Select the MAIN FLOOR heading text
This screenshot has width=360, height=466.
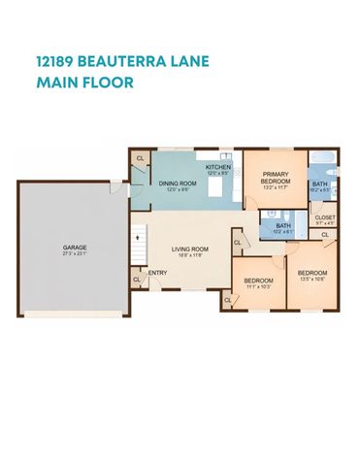84,83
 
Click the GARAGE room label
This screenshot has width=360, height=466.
75,248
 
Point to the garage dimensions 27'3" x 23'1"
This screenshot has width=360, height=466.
75,255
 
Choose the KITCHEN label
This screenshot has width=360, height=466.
218,168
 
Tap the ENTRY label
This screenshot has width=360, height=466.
157,272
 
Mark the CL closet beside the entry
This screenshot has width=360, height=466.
136,279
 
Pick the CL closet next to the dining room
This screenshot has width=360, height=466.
140,158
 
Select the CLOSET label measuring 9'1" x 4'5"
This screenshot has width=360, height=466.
325,217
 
